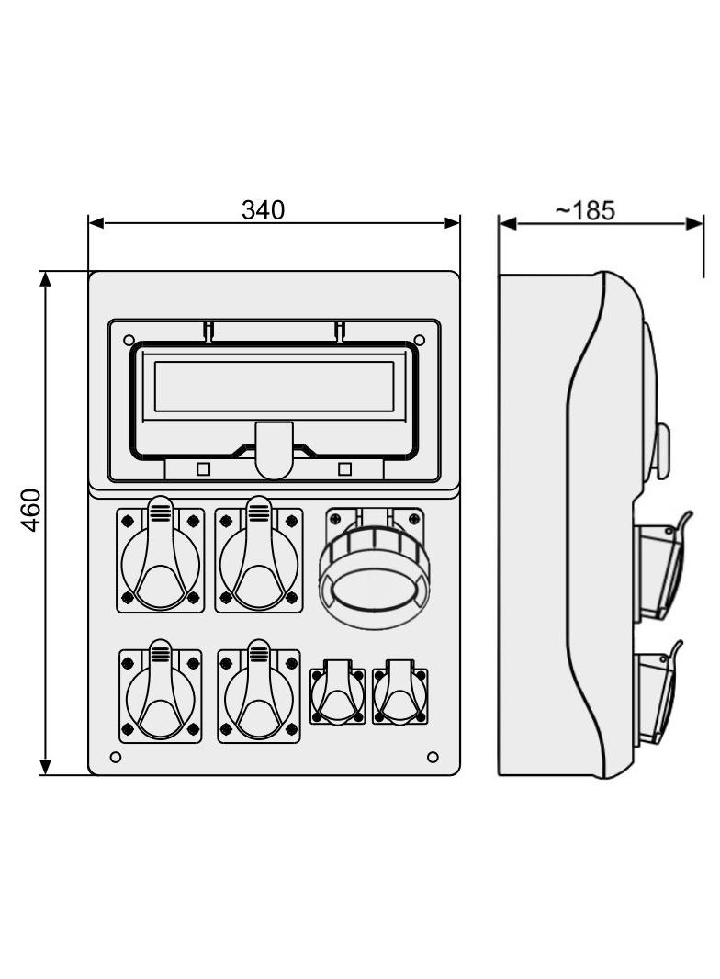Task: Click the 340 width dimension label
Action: [263, 210]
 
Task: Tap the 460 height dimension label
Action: [30, 510]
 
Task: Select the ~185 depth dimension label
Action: [585, 210]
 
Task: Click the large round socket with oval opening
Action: [374, 569]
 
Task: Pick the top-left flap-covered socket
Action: [161, 555]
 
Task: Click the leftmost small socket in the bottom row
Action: [338, 693]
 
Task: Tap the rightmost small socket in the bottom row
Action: [400, 693]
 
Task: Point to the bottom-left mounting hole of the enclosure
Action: [116, 758]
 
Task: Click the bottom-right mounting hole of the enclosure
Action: [433, 758]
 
